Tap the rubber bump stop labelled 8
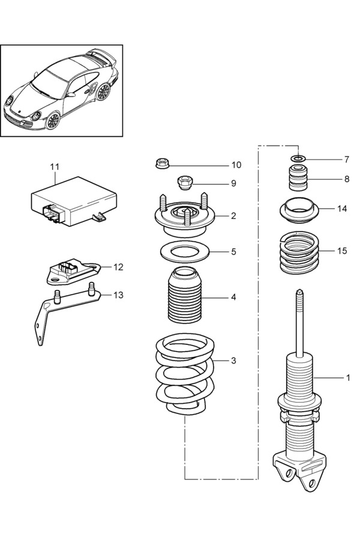298,178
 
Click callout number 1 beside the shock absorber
347,378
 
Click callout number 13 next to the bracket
118,295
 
